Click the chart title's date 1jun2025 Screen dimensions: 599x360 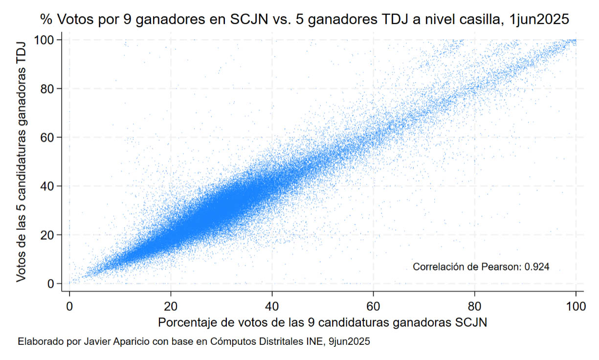(x=539, y=19)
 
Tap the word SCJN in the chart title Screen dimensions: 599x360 (x=249, y=19)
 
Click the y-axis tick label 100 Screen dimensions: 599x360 (x=44, y=40)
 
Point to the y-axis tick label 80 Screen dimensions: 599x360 (x=47, y=89)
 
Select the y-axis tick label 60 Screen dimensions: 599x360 (x=47, y=137)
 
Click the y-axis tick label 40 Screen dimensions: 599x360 (x=47, y=186)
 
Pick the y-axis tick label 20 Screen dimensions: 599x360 (x=47, y=235)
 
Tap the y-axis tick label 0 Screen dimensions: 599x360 (x=51, y=284)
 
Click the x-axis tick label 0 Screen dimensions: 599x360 (x=69, y=306)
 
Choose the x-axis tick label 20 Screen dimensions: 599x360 (x=171, y=306)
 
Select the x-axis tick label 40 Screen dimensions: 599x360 (x=272, y=306)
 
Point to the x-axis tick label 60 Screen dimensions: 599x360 (x=373, y=306)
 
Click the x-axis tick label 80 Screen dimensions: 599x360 (x=475, y=306)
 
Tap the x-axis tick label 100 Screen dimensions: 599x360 (x=576, y=306)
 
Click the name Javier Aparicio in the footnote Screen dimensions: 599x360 (x=117, y=341)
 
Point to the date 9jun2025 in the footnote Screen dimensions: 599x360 (x=349, y=341)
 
